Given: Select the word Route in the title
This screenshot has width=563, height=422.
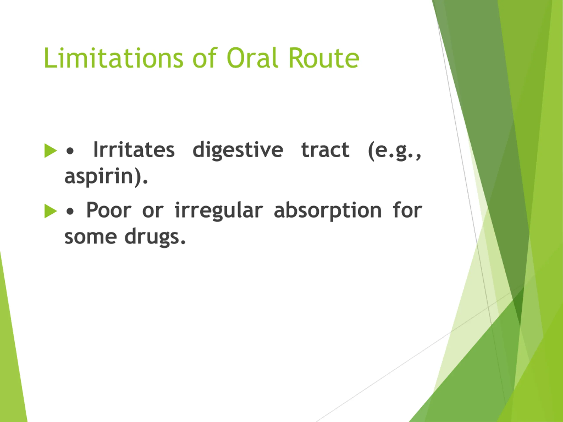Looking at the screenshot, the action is [324, 58].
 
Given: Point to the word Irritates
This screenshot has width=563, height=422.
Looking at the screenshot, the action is [134, 150].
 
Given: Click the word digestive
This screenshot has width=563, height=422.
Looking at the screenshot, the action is [238, 151].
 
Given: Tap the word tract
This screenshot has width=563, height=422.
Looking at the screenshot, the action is [325, 150].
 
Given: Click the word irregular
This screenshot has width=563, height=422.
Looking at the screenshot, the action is [219, 211].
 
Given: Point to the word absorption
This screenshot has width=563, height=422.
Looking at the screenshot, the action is [328, 211].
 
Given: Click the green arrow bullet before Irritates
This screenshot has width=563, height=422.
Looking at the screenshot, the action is [50, 151].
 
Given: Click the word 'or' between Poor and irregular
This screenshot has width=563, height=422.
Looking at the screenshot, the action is [153, 211].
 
